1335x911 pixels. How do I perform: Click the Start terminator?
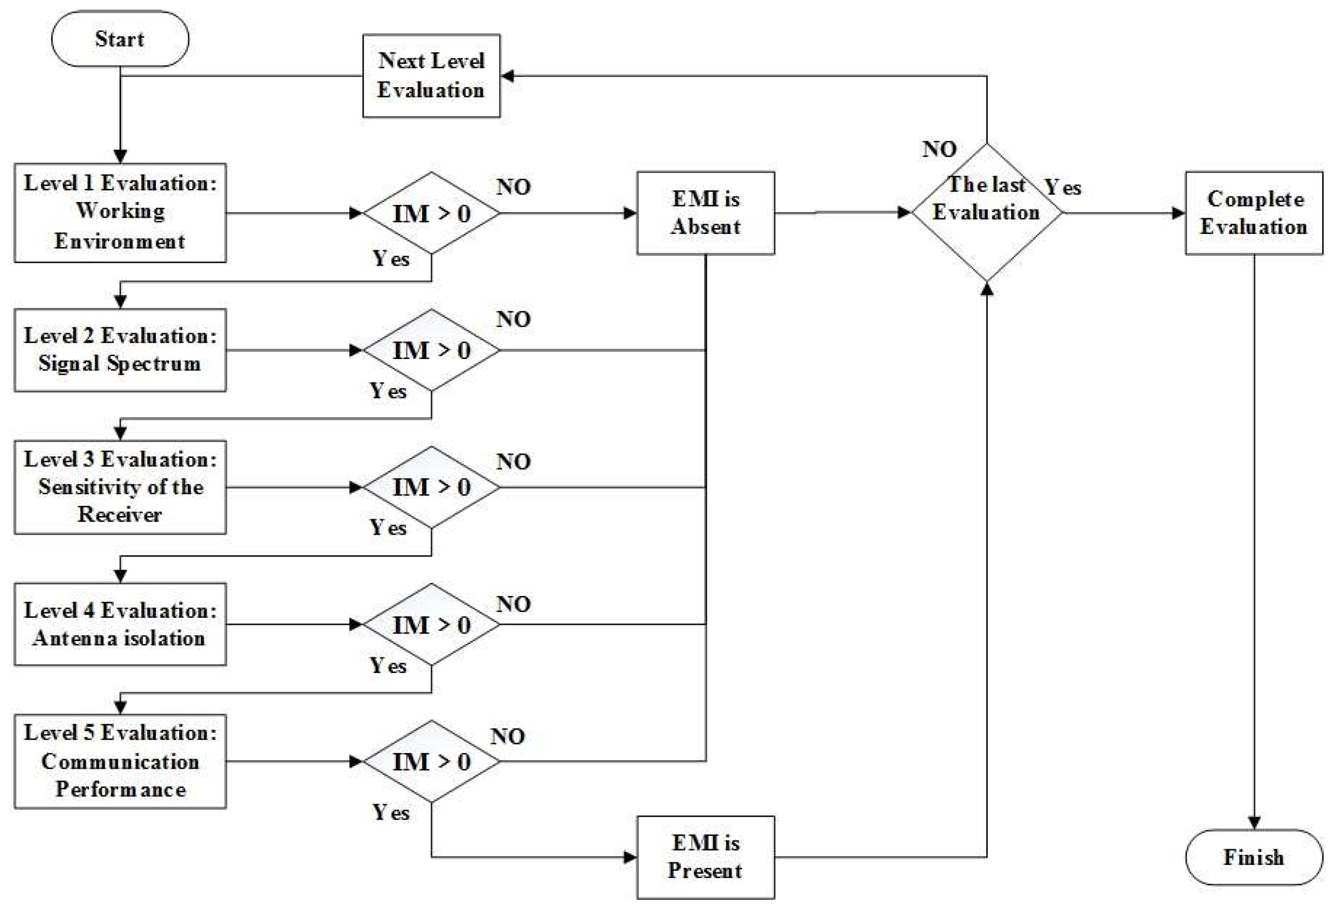point(119,38)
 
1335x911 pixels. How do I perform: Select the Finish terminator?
point(1253,857)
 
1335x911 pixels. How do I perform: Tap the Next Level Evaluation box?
point(431,75)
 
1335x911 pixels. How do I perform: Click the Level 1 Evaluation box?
point(119,213)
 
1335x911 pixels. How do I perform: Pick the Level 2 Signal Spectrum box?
point(119,349)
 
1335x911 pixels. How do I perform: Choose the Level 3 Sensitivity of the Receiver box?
point(119,487)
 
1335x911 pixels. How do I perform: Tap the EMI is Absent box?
point(705,213)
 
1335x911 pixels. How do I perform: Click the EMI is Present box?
point(705,857)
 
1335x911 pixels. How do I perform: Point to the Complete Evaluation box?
point(1253,213)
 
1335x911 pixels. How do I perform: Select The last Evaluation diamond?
point(986,213)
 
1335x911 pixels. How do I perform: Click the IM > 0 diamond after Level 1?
point(431,213)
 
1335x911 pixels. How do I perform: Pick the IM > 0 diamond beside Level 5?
point(431,761)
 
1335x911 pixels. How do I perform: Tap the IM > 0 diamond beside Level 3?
point(431,487)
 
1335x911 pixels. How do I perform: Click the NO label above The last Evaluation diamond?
point(939,149)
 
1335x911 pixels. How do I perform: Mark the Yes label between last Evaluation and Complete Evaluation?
point(1062,187)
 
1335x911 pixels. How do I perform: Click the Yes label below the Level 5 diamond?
point(391,812)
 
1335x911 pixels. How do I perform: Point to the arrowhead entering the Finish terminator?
point(1253,822)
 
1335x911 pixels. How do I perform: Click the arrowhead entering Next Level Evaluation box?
point(507,75)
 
